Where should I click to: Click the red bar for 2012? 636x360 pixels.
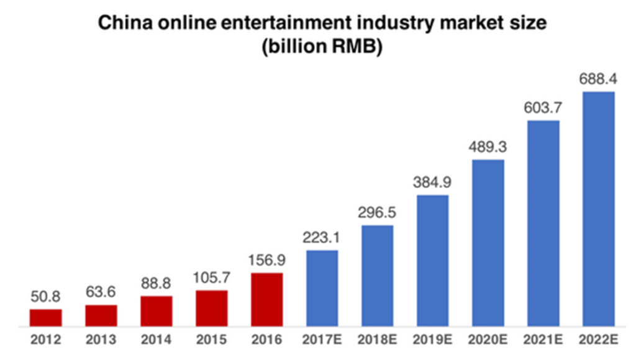coord(45,317)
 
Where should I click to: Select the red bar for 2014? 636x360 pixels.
coord(156,311)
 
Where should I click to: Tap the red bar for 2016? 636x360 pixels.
coord(267,299)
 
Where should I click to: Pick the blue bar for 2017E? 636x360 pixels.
coord(322,288)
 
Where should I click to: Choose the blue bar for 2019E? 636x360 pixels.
coord(432,261)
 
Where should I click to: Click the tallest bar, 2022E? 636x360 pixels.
coord(599,209)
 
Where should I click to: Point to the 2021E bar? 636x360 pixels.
coord(543,223)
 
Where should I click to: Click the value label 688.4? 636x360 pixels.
coord(599,79)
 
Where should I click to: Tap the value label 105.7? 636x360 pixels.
coord(211,277)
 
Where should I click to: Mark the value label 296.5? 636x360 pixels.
coord(377,212)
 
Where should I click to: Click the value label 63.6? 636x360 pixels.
coord(101,292)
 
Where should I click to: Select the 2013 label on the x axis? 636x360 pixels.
coord(101,340)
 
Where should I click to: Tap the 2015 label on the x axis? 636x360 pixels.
coord(211,340)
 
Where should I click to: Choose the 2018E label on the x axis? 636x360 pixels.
coord(377,340)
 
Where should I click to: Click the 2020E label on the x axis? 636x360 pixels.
coord(488,340)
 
